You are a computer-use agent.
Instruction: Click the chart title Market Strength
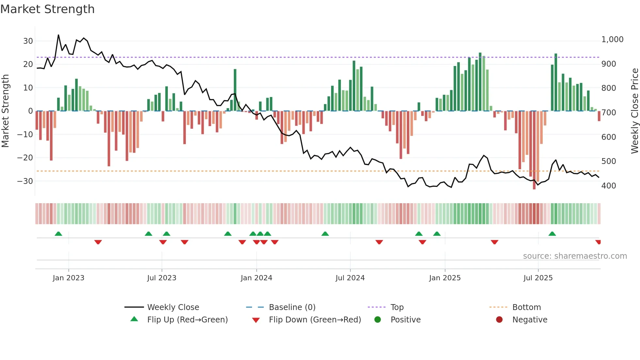coord(47,9)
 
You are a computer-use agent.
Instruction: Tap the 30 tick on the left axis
coord(28,41)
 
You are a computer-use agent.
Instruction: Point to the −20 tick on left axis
coord(25,158)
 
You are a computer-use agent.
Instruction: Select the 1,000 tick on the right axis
coord(612,40)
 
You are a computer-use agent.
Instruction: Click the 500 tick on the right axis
coord(609,161)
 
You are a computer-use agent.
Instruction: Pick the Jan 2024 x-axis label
coord(256,278)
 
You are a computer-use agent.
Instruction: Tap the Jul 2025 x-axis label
coord(538,278)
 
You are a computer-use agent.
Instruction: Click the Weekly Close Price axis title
coord(634,111)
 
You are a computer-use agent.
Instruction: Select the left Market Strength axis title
coord(6,111)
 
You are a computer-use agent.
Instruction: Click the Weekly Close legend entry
coord(173,307)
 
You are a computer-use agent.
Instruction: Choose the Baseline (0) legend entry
coord(292,307)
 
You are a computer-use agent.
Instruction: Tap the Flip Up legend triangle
coord(134,319)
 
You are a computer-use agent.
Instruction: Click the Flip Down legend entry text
coord(315,320)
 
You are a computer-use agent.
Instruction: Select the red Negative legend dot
coord(499,319)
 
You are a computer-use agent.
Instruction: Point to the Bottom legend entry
coord(526,307)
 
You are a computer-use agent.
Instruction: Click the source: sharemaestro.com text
coord(575,256)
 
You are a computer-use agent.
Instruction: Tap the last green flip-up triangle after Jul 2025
coord(552,234)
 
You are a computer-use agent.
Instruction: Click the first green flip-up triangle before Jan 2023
coord(58,234)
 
